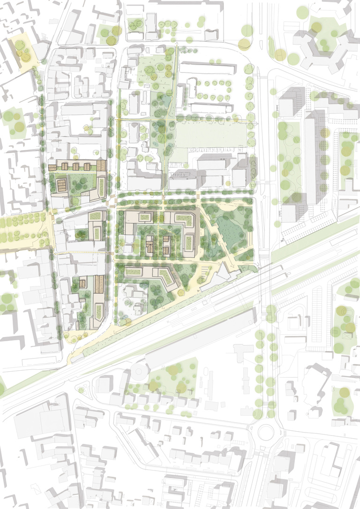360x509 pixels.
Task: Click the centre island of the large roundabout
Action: pos(265,431)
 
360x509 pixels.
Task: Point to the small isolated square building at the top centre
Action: pos(211,35)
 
